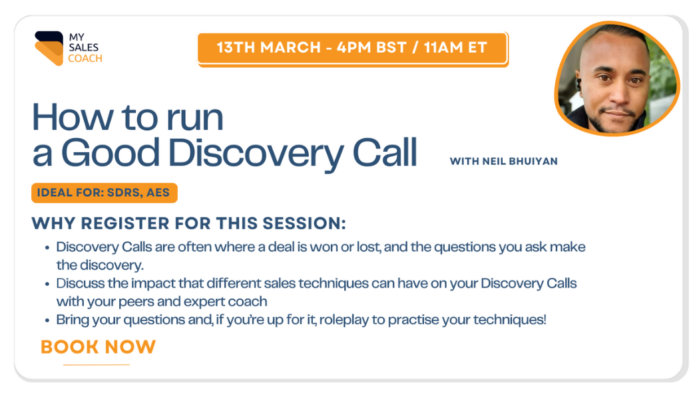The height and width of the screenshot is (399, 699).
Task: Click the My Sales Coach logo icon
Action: tap(49, 48)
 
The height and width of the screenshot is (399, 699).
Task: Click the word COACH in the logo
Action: tap(85, 59)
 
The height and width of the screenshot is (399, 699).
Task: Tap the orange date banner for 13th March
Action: tap(353, 48)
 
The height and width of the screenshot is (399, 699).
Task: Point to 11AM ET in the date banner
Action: tap(455, 47)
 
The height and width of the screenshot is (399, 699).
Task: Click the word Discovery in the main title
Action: tap(255, 154)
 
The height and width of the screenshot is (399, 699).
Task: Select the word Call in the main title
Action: tap(385, 153)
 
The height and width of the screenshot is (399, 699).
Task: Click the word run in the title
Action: tap(195, 119)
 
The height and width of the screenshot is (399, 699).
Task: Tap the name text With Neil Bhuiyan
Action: tap(504, 161)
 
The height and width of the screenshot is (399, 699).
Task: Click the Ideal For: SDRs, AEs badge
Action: tap(105, 193)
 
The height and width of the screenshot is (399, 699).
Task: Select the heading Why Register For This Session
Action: tap(188, 223)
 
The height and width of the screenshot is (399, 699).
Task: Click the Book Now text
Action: tap(98, 347)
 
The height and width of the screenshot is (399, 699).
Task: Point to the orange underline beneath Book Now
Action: tap(97, 364)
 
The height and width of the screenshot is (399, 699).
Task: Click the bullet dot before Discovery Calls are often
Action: tap(47, 248)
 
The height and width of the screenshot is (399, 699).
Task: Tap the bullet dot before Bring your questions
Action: tap(47, 321)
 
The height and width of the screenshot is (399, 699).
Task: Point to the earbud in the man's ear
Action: tap(579, 84)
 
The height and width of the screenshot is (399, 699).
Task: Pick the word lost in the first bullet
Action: tap(369, 247)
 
